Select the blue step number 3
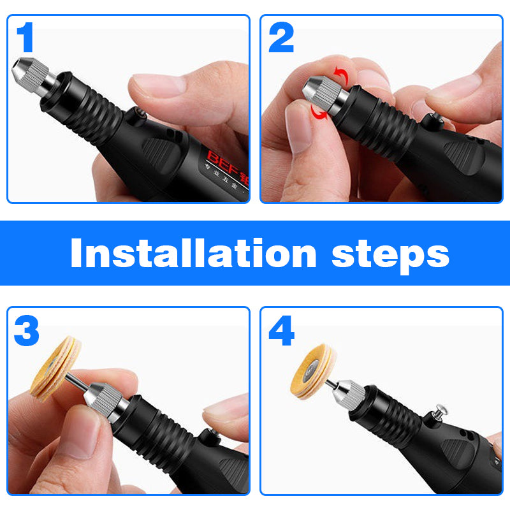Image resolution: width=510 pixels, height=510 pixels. pos(26,331)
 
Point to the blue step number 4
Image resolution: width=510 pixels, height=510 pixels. pos(281,331)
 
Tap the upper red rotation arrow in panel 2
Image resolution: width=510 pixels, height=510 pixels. pos(343,76)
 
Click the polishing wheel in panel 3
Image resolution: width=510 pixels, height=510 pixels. pos(55,369)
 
